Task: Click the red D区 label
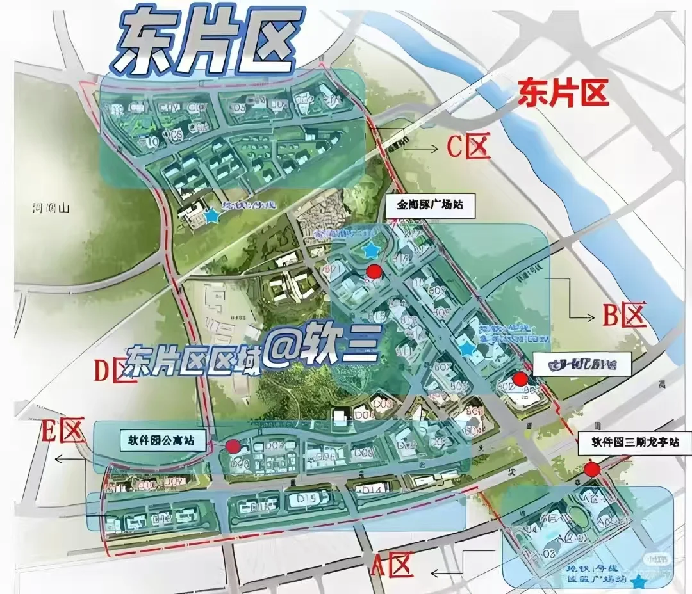[x=115, y=371]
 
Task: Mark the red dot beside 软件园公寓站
[x=233, y=446]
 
